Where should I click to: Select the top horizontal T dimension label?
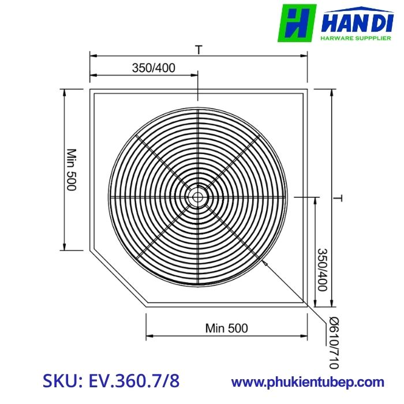coord(198,50)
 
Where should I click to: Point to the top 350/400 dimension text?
coord(154,68)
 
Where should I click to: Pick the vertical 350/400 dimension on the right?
coord(322,270)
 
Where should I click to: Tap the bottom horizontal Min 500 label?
coord(226,328)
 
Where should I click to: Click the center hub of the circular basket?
coord(198,197)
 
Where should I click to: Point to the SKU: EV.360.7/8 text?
coord(111,381)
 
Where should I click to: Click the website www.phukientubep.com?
coord(308,381)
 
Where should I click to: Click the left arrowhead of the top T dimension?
coord(92,56)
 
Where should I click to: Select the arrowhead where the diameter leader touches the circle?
coord(264,262)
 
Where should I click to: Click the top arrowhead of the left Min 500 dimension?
coord(64,92)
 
